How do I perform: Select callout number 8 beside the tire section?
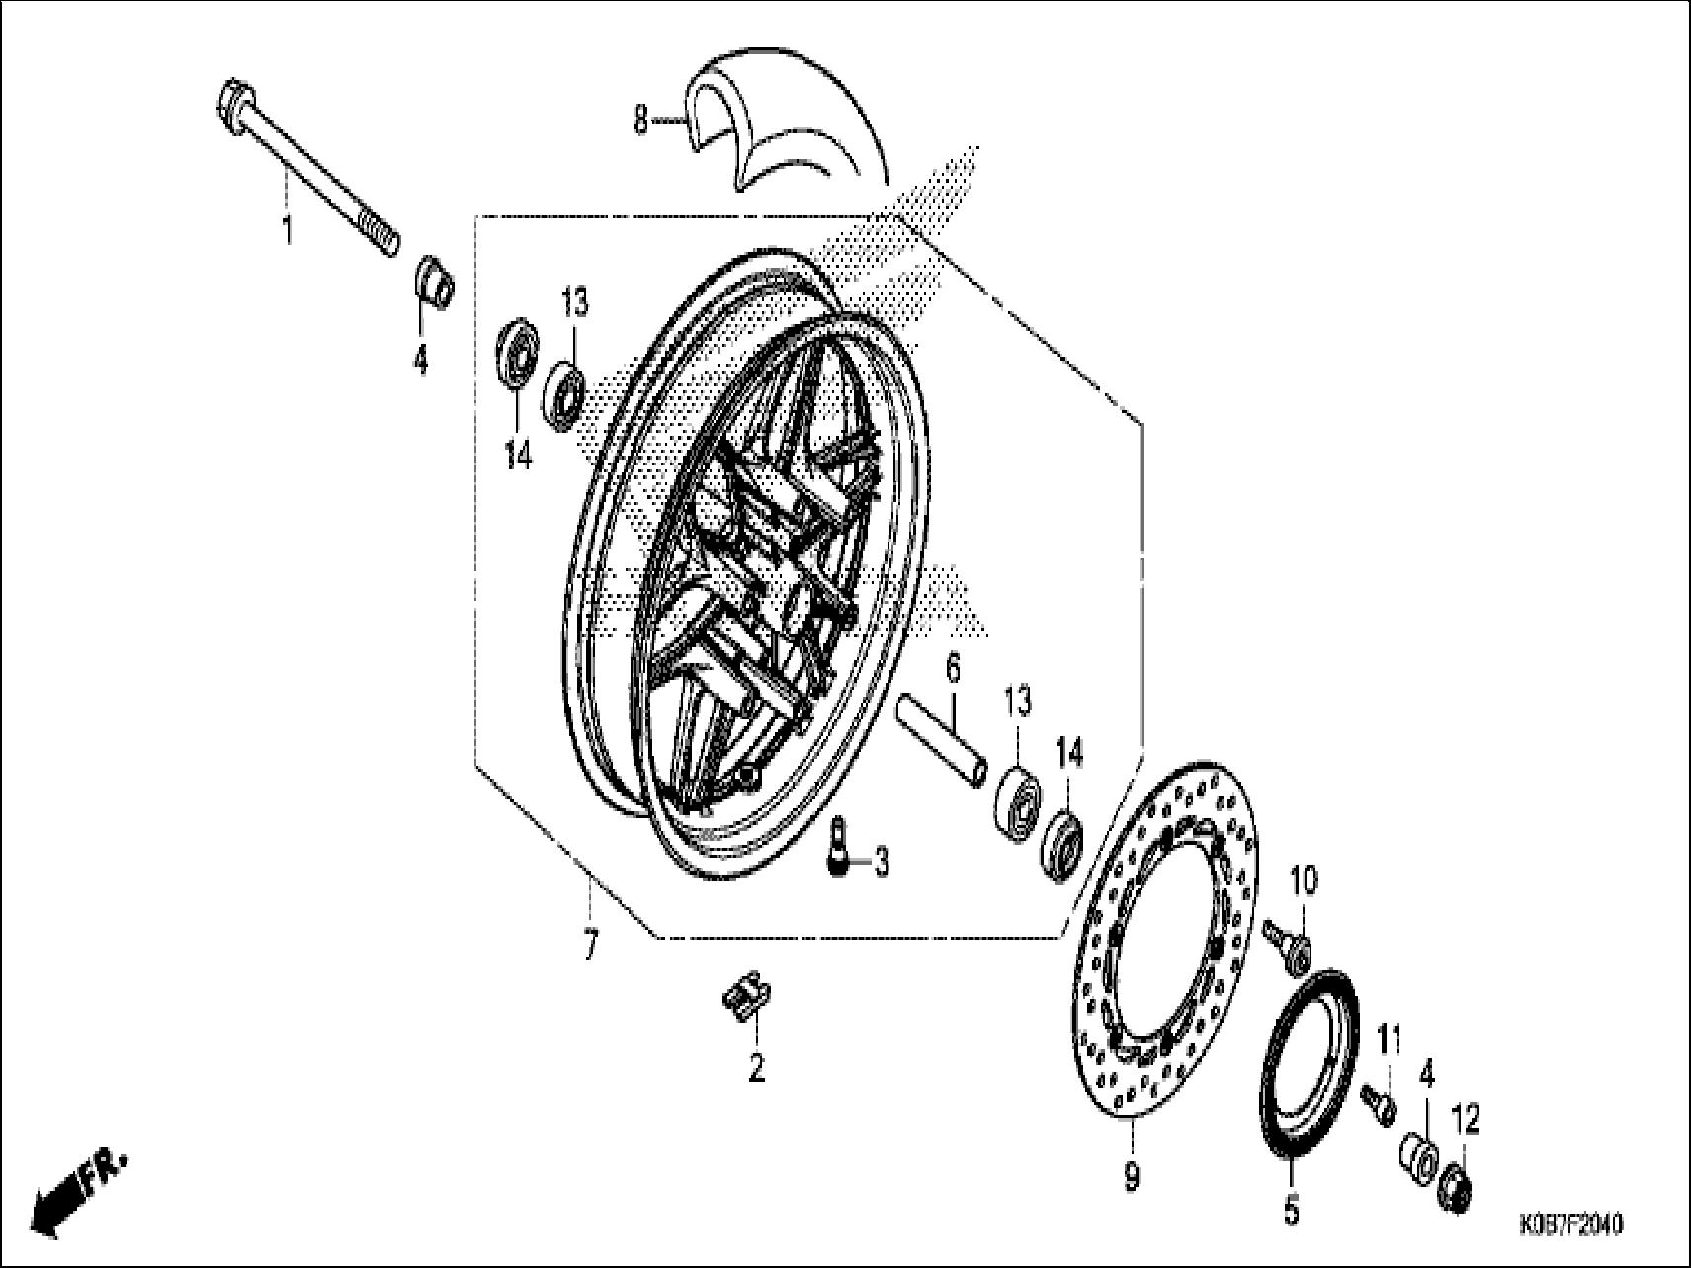pyautogui.click(x=641, y=122)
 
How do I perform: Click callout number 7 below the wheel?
pyautogui.click(x=589, y=947)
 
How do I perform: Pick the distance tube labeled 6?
pyautogui.click(x=943, y=742)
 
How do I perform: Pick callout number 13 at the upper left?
pyautogui.click(x=575, y=302)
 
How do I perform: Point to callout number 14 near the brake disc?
pyautogui.click(x=1069, y=754)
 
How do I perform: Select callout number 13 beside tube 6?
pyautogui.click(x=1018, y=701)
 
